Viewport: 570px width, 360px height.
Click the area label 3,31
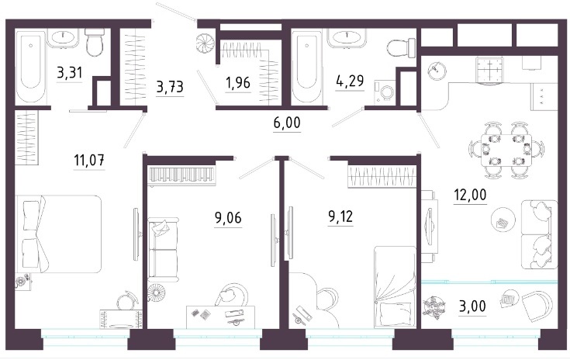pyautogui.click(x=70, y=73)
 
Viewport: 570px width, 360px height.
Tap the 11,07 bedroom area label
pyautogui.click(x=89, y=160)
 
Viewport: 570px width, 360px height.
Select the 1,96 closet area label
pyautogui.click(x=238, y=83)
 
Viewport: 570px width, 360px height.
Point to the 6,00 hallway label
pyautogui.click(x=287, y=123)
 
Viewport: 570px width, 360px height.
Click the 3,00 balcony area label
pyautogui.click(x=472, y=306)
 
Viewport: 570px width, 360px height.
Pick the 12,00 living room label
pyautogui.click(x=470, y=195)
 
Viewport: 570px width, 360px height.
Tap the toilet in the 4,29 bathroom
pyautogui.click(x=402, y=47)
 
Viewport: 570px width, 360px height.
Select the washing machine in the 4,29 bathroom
pyautogui.click(x=386, y=92)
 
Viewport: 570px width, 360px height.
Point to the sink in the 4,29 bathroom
pyautogui.click(x=348, y=38)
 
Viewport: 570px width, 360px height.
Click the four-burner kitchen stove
pyautogui.click(x=489, y=70)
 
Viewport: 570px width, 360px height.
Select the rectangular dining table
pyautogui.click(x=506, y=150)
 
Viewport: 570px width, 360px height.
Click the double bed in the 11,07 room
pyautogui.click(x=58, y=234)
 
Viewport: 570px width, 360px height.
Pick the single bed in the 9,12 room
pyautogui.click(x=395, y=284)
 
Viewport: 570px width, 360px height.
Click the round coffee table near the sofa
pyautogui.click(x=503, y=220)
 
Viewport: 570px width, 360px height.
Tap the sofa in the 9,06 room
pyautogui.click(x=163, y=249)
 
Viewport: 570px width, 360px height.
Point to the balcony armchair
pyautogui.click(x=537, y=305)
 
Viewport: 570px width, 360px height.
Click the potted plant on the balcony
pyautogui.click(x=434, y=306)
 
